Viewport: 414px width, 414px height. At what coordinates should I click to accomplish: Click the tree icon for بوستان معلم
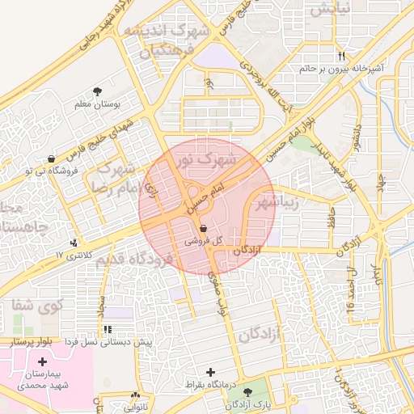point(98,91)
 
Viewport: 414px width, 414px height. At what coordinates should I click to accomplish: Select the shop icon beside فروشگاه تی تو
point(52,158)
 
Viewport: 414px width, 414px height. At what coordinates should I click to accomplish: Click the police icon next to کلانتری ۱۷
point(75,242)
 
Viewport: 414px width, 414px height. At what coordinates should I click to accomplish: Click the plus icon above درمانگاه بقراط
point(211,372)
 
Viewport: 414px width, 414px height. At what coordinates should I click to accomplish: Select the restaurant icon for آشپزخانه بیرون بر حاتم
point(341,56)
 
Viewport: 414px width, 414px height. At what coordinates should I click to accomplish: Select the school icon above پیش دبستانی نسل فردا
point(108,330)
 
